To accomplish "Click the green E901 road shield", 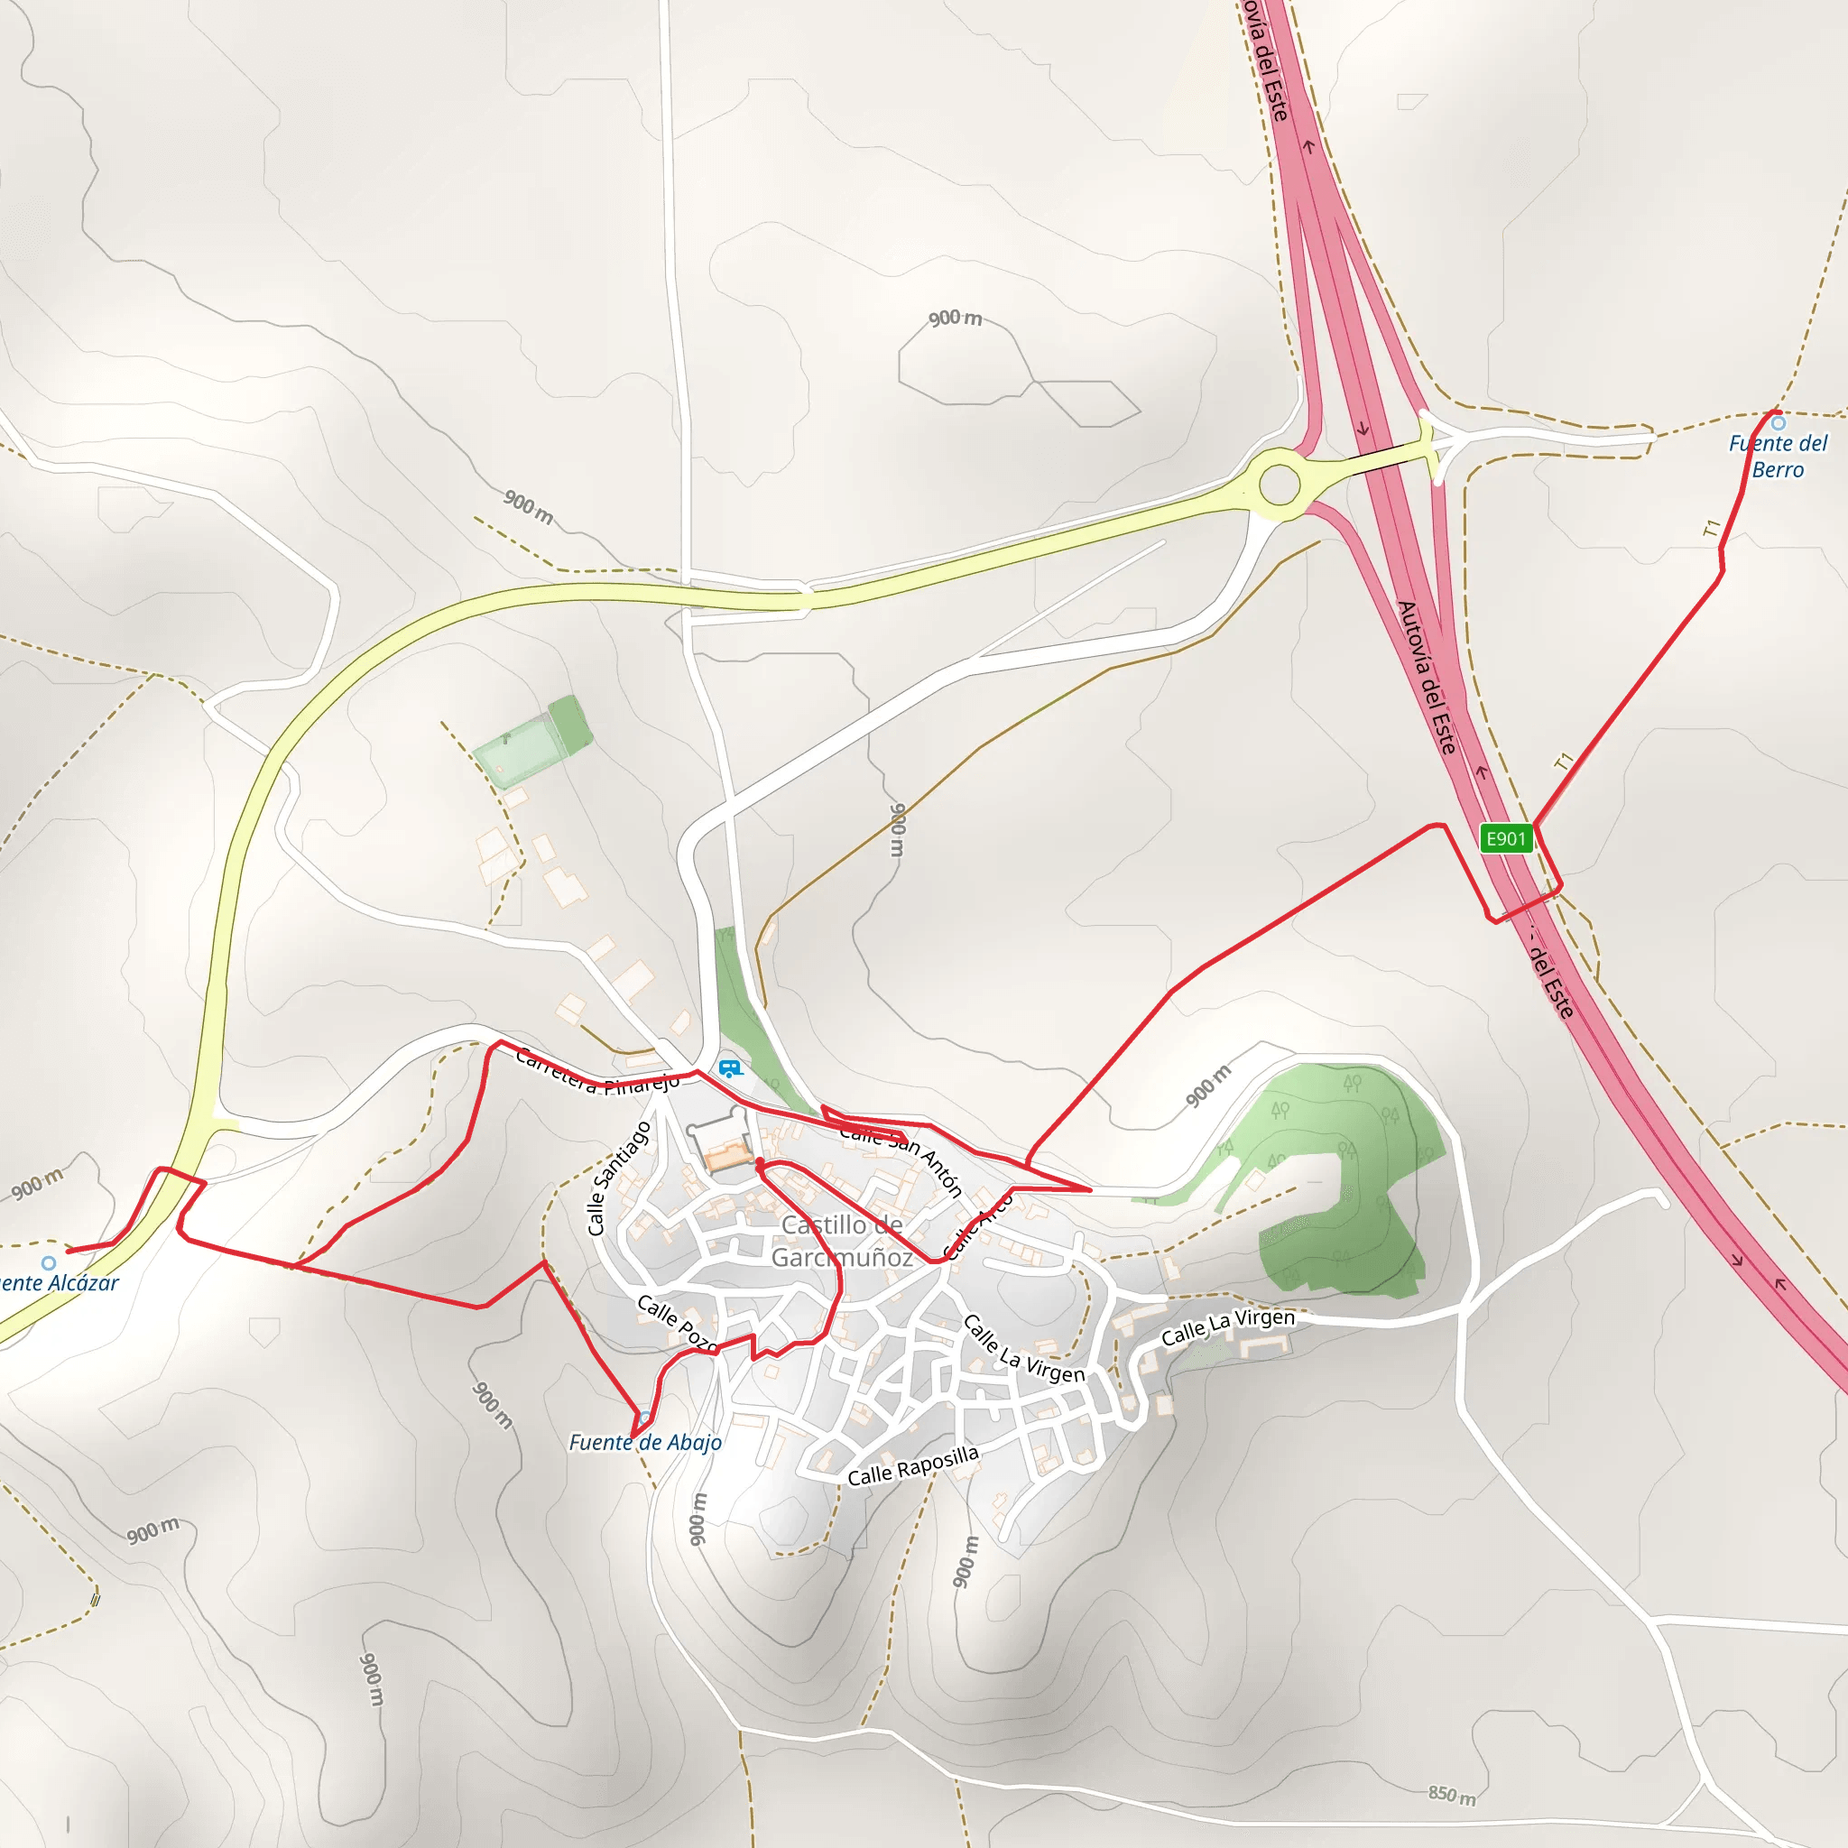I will [x=1506, y=839].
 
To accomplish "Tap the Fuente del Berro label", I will [x=1778, y=457].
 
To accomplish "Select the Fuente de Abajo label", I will [x=646, y=1443].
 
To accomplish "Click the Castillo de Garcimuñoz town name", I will [x=842, y=1241].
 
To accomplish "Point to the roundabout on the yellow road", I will [x=1280, y=485].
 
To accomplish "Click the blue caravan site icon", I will [x=730, y=1068].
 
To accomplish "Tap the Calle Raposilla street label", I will [x=913, y=1465].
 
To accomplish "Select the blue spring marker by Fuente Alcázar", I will [x=49, y=1263].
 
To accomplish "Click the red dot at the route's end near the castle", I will [x=760, y=1163].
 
